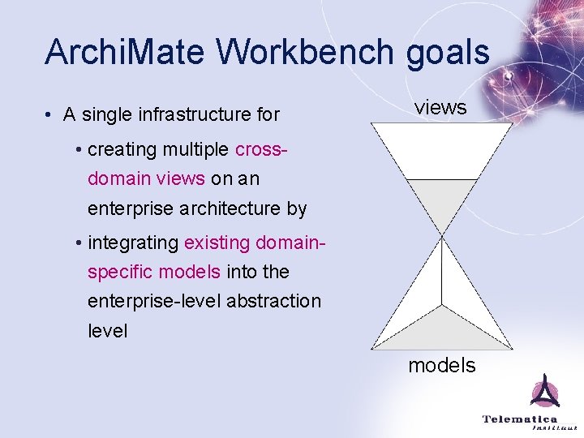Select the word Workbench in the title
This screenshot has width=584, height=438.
286,52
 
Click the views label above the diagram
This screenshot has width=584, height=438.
440,107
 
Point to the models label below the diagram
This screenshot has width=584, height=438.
442,366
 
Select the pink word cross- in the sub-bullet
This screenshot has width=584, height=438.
262,150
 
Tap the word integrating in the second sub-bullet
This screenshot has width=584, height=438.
133,243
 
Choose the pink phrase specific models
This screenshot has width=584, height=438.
153,271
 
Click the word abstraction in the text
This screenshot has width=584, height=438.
273,301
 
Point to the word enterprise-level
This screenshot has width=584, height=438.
153,301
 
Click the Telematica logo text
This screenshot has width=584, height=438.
520,419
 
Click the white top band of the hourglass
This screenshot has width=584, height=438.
442,150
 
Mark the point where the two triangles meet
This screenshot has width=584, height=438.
442,237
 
